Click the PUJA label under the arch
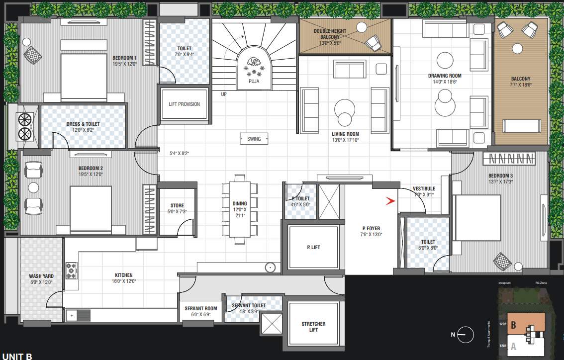pos(254,80)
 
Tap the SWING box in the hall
pos(254,139)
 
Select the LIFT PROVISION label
pos(184,104)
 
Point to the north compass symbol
pos(465,334)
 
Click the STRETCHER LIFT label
pos(313,327)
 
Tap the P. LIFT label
pos(313,247)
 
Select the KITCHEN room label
pos(124,275)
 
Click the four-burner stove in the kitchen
pos(71,270)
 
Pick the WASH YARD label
pos(41,276)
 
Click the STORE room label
pos(177,205)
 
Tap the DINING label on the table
pos(239,203)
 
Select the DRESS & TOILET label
pos(83,124)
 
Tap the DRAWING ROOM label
pos(445,76)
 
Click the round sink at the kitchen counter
pos(270,268)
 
